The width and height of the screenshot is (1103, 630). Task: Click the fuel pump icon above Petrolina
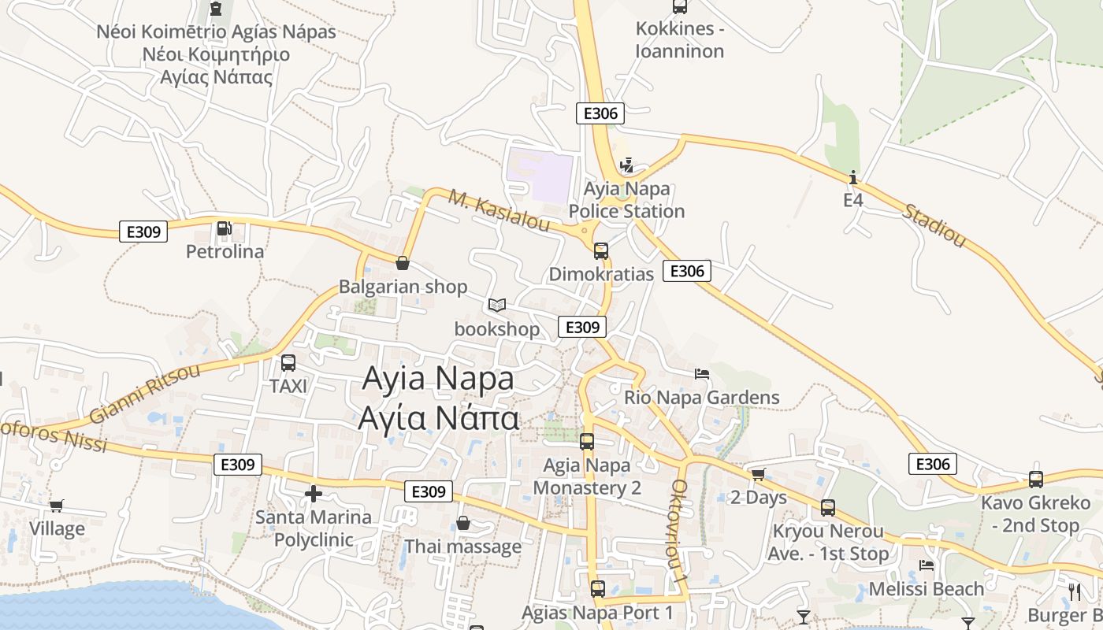pos(225,228)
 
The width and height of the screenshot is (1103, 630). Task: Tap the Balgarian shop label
pos(403,287)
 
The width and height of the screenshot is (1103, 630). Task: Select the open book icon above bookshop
pos(497,305)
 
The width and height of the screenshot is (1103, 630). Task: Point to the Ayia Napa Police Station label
pos(626,200)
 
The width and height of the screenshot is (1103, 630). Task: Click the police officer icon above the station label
pos(627,165)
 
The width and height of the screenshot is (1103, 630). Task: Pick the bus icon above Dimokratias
pos(601,251)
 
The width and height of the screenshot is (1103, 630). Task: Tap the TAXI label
pos(288,386)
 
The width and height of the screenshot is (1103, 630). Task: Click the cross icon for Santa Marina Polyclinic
pos(314,494)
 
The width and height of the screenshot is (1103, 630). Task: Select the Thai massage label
pos(462,546)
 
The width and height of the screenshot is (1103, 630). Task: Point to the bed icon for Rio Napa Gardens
pos(702,373)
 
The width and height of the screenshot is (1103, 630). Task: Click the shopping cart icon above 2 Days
pos(758,474)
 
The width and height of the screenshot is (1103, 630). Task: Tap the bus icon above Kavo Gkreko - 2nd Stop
pos(1036,479)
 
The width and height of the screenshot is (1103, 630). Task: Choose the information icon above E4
pos(853,177)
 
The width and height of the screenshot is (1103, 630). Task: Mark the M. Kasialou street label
pos(499,210)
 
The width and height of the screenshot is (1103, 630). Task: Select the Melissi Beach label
pos(926,588)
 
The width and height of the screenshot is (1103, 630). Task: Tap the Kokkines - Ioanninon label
pos(680,40)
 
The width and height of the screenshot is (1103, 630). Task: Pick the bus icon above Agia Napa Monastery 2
pos(587,442)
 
